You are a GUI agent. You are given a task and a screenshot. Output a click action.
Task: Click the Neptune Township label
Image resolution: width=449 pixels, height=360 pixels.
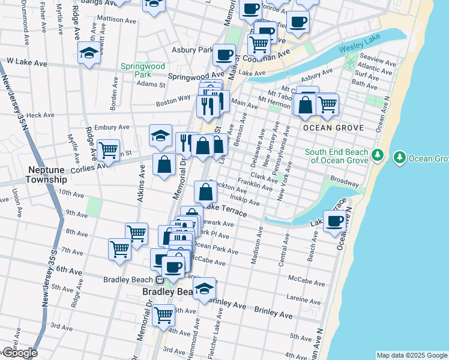click(46, 175)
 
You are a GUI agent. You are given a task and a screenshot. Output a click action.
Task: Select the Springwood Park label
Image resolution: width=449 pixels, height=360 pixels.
click(143, 70)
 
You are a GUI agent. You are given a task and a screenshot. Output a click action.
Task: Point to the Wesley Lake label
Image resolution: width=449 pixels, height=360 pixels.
click(356, 48)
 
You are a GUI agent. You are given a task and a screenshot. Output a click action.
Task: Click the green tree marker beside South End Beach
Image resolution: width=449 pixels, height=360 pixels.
click(377, 155)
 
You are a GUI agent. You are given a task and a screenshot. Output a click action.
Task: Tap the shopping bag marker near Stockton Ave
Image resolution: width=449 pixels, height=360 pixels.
click(205, 192)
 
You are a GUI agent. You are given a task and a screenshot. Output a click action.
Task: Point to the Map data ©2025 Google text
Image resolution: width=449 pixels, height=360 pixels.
click(411, 355)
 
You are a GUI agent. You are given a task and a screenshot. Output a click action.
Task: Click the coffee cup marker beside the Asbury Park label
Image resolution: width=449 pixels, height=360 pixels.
click(224, 54)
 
